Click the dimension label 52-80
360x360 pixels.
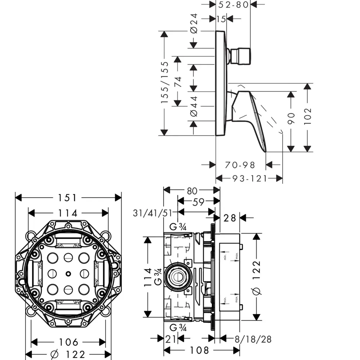tap(235, 5)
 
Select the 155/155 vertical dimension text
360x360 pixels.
tap(165, 83)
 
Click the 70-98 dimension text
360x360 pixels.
tap(240, 165)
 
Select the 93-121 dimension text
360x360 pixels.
tap(249, 178)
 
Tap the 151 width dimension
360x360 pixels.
tap(68, 198)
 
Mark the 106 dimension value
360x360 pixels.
tap(68, 342)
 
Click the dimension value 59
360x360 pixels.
tap(198, 203)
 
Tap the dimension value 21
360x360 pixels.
tap(171, 339)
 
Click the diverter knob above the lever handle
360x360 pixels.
tap(241, 57)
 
